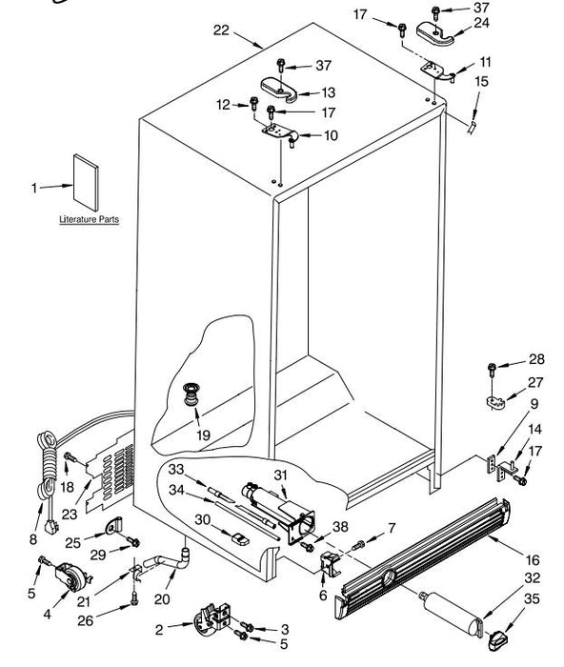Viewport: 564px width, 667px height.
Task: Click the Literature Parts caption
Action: (89, 219)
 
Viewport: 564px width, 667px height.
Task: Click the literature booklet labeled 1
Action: (86, 183)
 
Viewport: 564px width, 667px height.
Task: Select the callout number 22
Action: (221, 30)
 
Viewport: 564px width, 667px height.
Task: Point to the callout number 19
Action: (203, 435)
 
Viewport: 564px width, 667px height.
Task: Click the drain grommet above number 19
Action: (191, 394)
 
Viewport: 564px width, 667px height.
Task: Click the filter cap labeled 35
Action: (497, 639)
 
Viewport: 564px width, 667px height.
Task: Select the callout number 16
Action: (532, 559)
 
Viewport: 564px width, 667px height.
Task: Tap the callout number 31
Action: (280, 475)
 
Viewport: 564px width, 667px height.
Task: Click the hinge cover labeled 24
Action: (434, 33)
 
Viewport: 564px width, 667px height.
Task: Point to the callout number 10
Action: (331, 135)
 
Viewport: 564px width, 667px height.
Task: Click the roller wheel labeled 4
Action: (71, 576)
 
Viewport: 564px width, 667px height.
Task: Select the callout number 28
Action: (536, 359)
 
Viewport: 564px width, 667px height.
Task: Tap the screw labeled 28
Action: (493, 370)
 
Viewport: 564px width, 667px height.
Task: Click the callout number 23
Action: (70, 515)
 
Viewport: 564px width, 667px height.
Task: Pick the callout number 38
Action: (340, 527)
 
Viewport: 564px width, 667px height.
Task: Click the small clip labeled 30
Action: (241, 538)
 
